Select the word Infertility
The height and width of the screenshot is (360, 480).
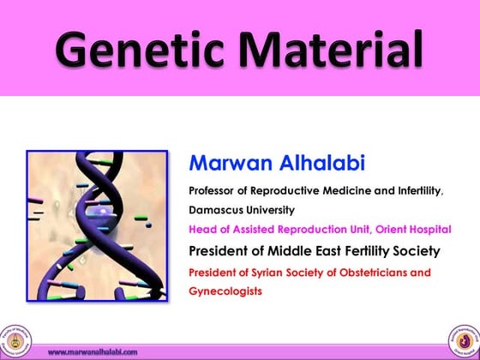[x=417, y=190]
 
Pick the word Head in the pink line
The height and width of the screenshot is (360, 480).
[x=201, y=229]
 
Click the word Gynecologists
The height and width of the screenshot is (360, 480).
[x=225, y=291]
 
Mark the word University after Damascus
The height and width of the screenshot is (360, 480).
[x=270, y=209]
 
